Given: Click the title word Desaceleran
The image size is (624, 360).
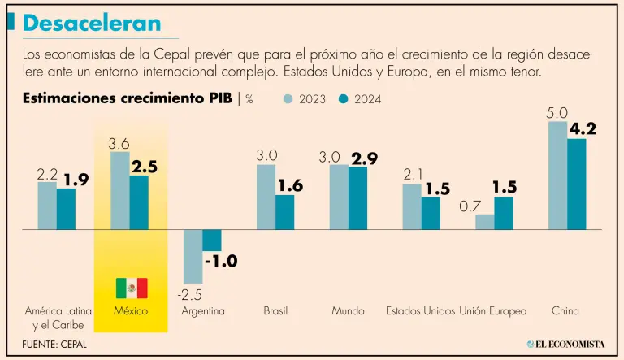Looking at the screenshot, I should pos(92,23).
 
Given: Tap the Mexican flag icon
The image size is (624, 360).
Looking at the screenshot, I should pos(131,288).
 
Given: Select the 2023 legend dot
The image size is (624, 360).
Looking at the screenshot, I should pos(288,99).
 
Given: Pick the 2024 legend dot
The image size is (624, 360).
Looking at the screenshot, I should pos(344,99).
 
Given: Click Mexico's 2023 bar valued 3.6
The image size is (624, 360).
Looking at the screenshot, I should pos(119,190).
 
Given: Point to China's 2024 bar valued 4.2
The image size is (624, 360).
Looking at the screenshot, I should pos(576,184).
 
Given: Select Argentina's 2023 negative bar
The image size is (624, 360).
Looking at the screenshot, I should pos(193,256).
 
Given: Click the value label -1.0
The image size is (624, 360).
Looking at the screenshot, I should pos(220,262).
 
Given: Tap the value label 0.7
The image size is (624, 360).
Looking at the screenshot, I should pos(470,206).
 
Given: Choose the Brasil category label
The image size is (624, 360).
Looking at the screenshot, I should pos(275,311).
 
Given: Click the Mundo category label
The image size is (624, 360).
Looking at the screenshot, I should pos(348,311).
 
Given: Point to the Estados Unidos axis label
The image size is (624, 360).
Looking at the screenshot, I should pos(420,311).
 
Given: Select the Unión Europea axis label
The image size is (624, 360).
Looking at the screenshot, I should pos(493,311).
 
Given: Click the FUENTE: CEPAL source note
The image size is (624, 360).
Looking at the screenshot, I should pos(54,344).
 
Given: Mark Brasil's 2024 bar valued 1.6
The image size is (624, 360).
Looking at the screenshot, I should pos(284,212).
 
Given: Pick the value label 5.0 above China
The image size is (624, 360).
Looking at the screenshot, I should pos(557,113).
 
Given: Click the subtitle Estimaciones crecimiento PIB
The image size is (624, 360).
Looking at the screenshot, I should pos(127,99).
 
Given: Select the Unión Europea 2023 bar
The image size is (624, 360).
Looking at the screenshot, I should pos(484,222).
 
